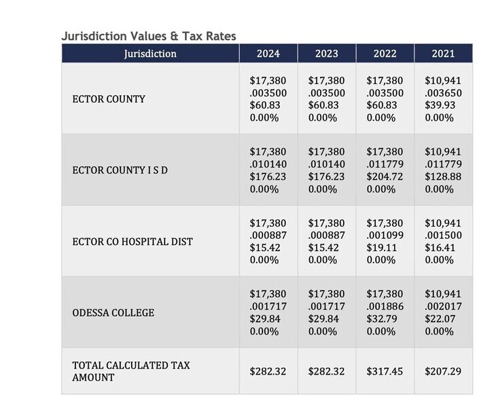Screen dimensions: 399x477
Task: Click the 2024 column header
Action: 268,54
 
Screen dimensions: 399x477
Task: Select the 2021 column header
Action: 443,54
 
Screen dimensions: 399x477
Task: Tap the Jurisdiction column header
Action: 150,54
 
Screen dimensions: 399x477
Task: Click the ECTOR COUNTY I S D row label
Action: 120,170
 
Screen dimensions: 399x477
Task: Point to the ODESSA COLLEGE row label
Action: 113,313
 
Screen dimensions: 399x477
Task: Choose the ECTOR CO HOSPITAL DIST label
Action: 132,242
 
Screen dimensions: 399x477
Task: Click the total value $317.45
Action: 385,371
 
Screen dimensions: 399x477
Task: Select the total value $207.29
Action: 443,371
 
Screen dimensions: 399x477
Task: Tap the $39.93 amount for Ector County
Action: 440,105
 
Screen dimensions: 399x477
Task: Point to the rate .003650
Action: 443,93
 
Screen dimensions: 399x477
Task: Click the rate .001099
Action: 385,235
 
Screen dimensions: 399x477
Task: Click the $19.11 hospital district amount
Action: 382,248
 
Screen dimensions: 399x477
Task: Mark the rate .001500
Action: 443,235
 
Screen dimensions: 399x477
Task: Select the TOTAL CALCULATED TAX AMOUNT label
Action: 131,371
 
